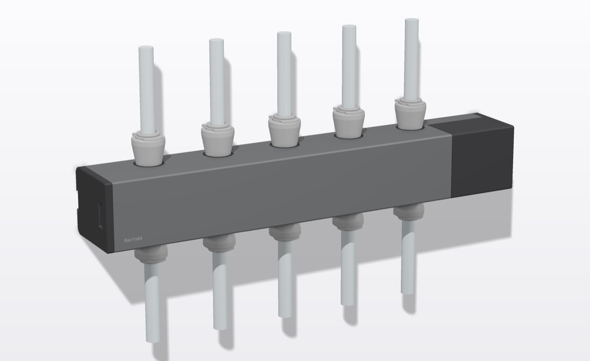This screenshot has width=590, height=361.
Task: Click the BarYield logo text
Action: (x=133, y=239)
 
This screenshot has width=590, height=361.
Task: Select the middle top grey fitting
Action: (x=284, y=131)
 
